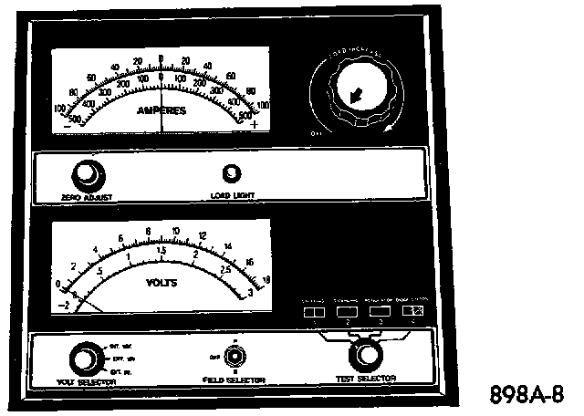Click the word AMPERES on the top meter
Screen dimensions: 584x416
(162, 110)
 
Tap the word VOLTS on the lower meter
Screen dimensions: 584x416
(162, 283)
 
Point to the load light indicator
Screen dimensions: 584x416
(232, 173)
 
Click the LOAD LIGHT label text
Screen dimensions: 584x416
(234, 194)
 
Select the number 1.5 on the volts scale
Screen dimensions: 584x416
(161, 251)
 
